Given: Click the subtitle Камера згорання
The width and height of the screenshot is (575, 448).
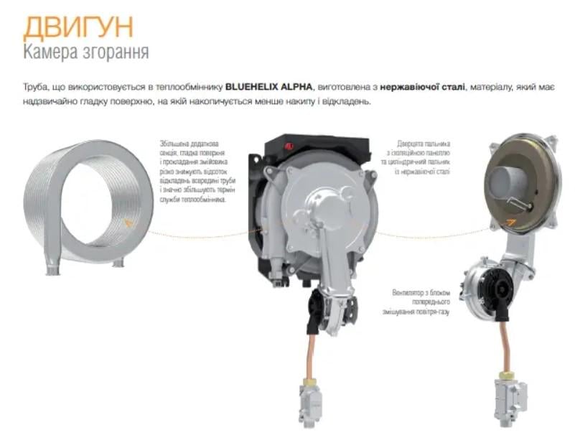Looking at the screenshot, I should pos(86,52).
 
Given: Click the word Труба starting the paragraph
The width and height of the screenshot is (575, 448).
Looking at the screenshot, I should pos(35,86).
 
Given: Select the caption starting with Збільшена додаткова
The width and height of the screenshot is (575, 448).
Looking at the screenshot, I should pos(193,172).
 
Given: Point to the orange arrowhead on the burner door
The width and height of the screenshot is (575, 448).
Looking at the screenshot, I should pos(510,220).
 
